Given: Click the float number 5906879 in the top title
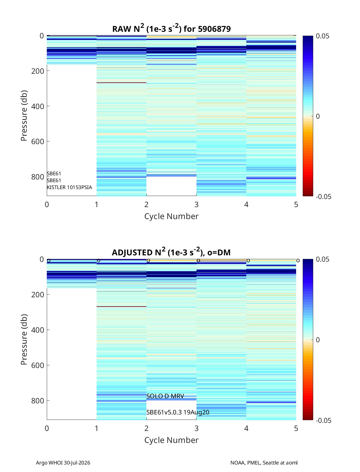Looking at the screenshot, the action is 214,29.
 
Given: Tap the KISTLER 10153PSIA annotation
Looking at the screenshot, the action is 69,187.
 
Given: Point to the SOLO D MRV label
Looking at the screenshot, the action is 165,396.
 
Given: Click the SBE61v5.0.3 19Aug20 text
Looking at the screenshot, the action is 178,412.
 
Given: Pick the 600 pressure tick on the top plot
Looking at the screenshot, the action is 37,141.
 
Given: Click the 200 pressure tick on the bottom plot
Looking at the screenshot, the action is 37,294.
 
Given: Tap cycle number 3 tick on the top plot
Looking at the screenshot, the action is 196,204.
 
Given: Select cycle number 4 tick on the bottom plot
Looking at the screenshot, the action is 246,428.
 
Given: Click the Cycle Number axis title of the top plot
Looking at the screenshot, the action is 171,216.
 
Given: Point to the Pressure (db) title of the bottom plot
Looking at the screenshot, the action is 24,340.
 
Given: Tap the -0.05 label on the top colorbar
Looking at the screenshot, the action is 323,197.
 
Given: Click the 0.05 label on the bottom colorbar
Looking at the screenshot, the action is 322,259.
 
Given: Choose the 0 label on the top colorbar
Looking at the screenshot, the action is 318,116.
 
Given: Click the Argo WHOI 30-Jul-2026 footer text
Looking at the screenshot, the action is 63,463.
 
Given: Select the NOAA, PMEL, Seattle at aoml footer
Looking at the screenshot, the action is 264,463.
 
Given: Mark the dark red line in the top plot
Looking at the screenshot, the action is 121,83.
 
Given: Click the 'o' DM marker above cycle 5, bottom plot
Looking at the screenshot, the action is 298,261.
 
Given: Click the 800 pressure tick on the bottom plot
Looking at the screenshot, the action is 37,401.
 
